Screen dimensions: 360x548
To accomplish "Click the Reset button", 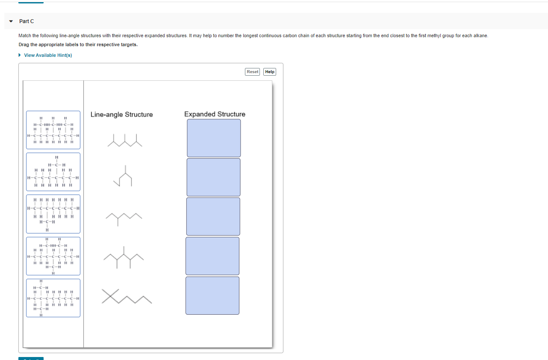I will (253, 72).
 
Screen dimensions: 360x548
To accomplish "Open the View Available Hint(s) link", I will (48, 55).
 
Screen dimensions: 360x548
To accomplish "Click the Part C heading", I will (27, 21).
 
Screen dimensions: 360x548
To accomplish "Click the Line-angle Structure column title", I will (121, 115).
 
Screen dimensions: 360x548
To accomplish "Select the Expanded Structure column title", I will (215, 114).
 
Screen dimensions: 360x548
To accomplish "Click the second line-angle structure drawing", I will (123, 176).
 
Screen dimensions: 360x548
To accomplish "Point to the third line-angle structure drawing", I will (124, 217).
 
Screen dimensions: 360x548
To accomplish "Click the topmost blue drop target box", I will (214, 138).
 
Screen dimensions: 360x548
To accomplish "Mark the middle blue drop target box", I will (213, 216).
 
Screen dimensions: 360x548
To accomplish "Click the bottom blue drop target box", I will (212, 295).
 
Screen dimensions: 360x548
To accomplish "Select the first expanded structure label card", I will (53, 130).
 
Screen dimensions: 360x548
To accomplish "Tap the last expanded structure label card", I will (53, 298).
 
